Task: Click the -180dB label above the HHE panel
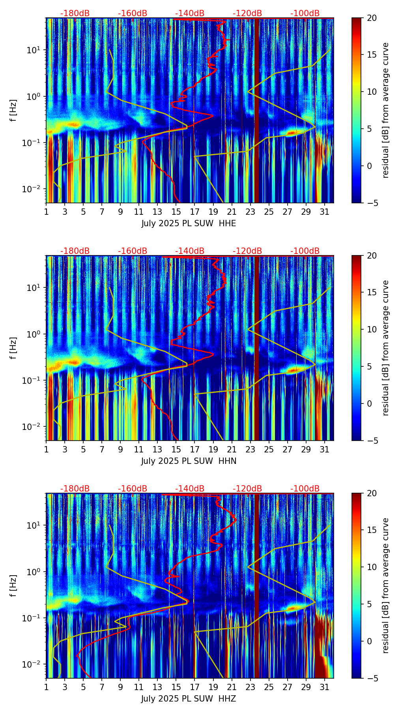(x=75, y=13)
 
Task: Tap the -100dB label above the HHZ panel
(x=305, y=489)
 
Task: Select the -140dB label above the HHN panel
(x=190, y=251)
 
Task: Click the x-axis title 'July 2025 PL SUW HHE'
(x=189, y=223)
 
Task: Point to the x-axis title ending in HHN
(x=189, y=461)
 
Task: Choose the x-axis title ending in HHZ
(x=189, y=699)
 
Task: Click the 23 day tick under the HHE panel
(x=250, y=212)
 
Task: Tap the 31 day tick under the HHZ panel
(x=325, y=687)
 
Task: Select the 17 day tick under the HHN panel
(x=195, y=450)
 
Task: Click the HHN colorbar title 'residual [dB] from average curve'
(x=386, y=348)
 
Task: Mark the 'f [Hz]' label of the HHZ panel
(x=13, y=585)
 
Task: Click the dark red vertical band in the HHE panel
(x=256, y=111)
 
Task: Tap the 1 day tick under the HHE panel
(x=47, y=212)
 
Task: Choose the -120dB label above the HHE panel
(x=247, y=13)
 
